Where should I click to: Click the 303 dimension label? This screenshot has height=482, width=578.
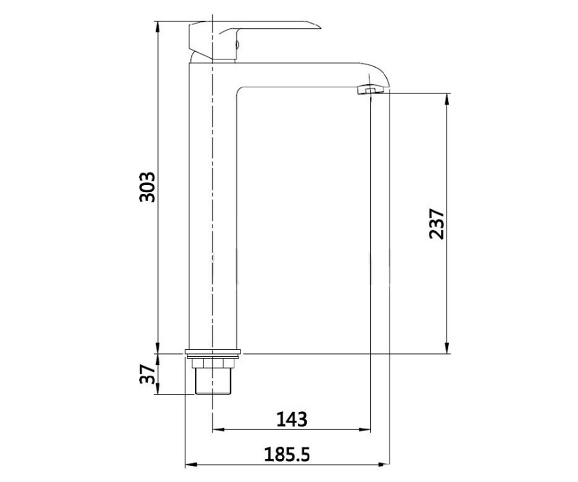(x=147, y=187)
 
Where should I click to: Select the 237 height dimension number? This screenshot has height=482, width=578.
(x=436, y=224)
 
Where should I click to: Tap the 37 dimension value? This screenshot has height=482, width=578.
(x=147, y=374)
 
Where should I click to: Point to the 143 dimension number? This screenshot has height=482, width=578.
(x=292, y=419)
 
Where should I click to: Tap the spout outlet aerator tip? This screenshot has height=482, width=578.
(x=370, y=90)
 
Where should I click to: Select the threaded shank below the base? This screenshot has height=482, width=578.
(x=213, y=381)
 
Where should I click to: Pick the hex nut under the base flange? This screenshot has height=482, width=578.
(x=213, y=363)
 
